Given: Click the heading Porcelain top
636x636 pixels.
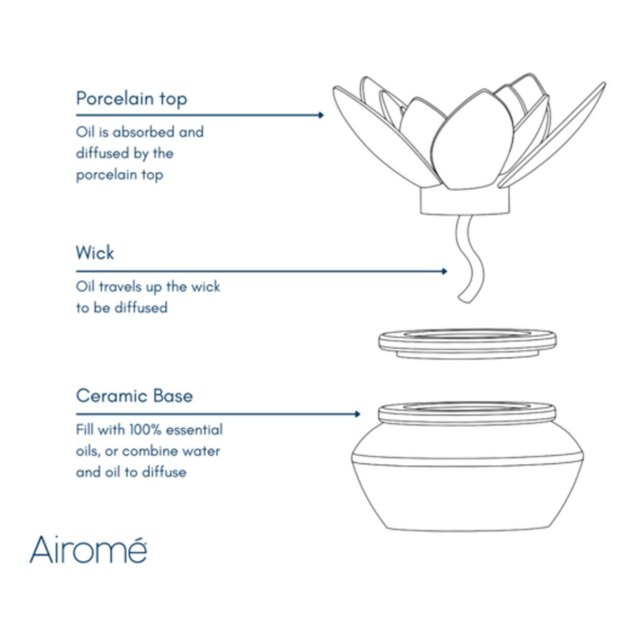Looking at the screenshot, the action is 131,99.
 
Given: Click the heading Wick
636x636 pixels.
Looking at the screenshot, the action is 95,253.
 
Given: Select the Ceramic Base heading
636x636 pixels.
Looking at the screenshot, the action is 134,396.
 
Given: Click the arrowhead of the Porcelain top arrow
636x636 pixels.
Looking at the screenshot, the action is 321,115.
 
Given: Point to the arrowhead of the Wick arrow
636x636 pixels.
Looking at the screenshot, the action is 444,271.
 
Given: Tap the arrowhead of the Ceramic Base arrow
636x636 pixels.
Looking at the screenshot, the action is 357,414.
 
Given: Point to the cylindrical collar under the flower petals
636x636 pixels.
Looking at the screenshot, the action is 465,202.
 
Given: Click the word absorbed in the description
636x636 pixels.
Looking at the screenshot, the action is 143,132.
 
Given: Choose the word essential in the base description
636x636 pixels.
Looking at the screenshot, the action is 194,430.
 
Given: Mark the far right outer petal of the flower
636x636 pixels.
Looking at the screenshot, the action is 552,135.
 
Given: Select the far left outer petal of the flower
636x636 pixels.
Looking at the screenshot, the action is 386,135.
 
